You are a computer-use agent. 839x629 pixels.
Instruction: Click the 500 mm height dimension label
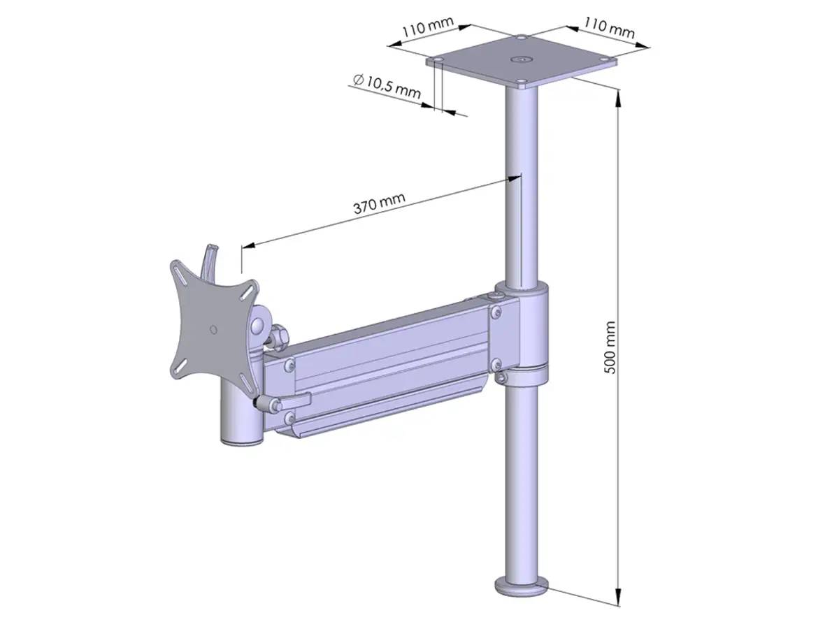tap(610, 347)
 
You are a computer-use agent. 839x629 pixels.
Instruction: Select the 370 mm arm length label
tap(378, 203)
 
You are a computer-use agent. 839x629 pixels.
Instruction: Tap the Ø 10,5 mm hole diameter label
tap(387, 86)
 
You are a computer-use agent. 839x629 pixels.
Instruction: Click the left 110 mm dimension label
tap(428, 29)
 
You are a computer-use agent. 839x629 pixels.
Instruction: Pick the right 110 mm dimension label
tap(610, 29)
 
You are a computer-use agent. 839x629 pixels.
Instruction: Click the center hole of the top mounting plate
tap(521, 60)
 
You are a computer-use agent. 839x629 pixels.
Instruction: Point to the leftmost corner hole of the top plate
tap(437, 61)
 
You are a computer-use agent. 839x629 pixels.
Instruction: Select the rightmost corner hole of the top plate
tap(605, 60)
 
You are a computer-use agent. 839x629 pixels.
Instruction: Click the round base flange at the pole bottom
tap(521, 585)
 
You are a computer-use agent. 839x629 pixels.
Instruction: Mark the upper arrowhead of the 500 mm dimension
tap(618, 96)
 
